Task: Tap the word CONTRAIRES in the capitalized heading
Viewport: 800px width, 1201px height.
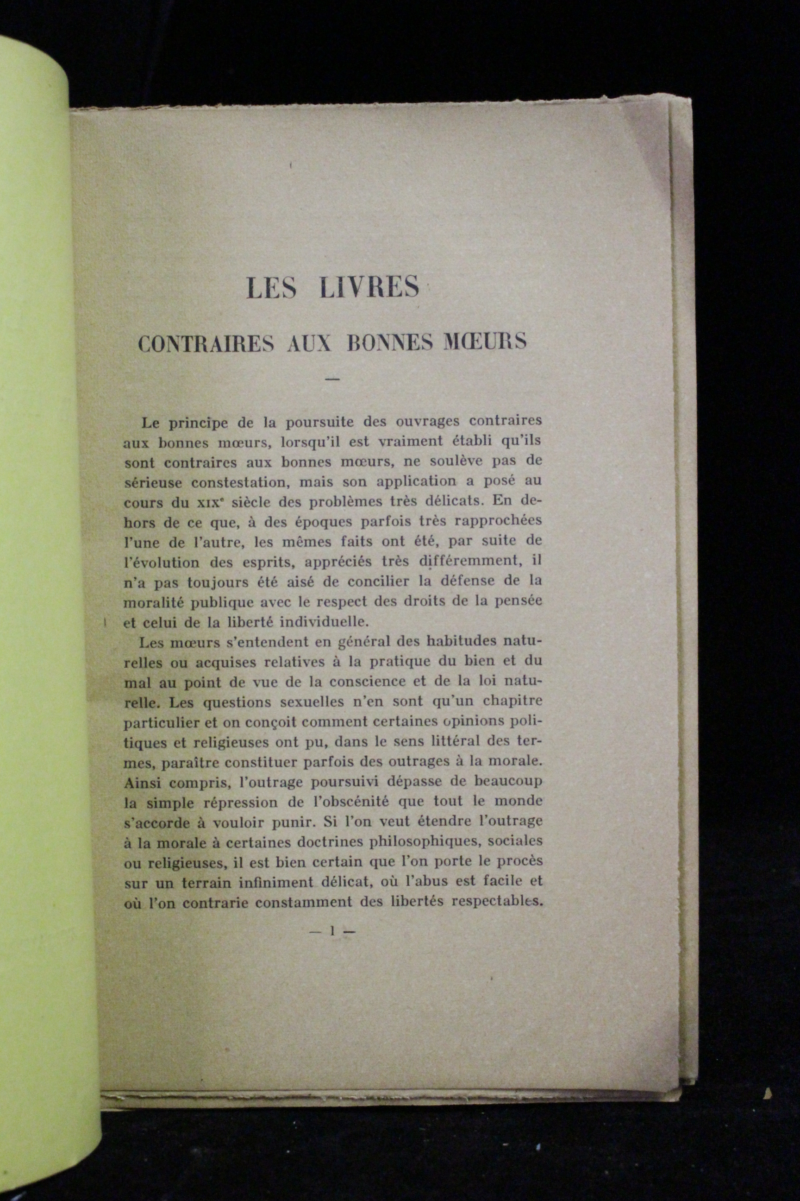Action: click(x=206, y=343)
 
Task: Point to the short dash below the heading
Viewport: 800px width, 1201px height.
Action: click(x=332, y=379)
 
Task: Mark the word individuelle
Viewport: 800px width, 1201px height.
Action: click(x=326, y=622)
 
